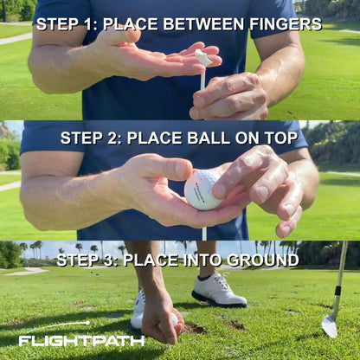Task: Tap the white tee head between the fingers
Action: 203,57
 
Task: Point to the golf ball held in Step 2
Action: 204,189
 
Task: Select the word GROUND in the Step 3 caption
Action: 263,260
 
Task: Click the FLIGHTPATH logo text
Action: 82,341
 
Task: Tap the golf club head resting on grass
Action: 329,325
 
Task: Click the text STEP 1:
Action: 66,23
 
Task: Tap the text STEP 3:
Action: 90,260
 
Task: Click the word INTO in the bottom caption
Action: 202,260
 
